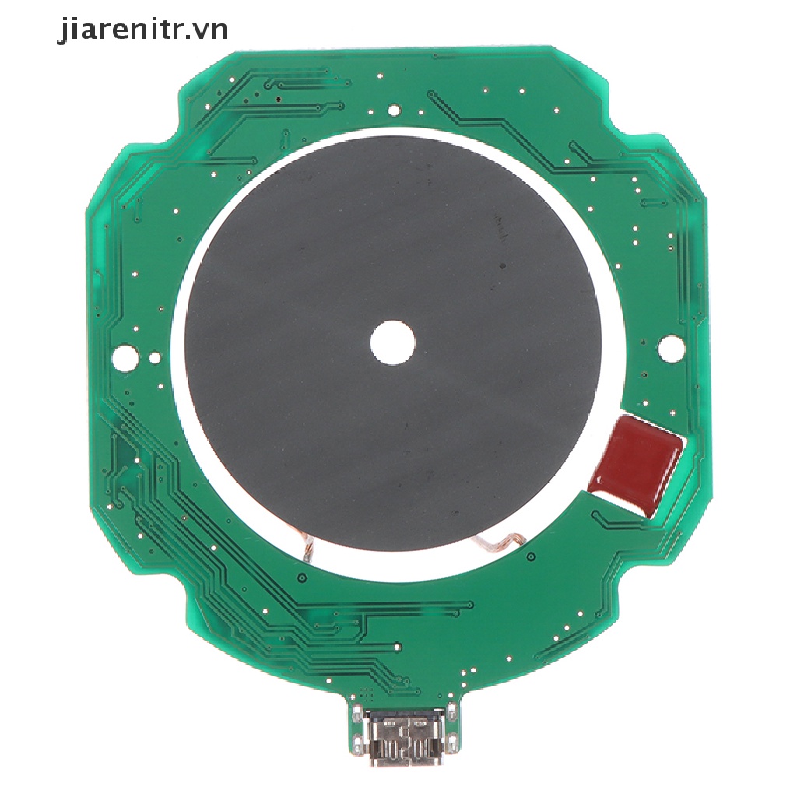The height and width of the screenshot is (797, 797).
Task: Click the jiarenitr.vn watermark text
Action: coord(143,30)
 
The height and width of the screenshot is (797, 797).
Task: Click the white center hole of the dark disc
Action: coord(392,342)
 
